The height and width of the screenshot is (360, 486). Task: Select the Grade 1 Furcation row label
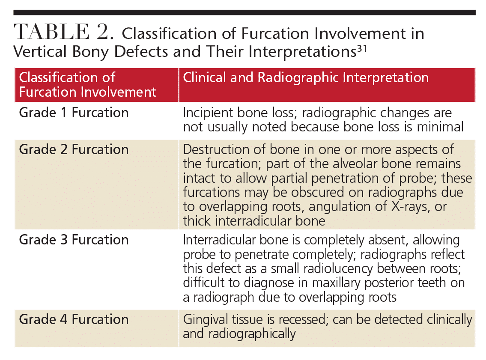click(x=74, y=113)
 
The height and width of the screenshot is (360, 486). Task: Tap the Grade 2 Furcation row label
click(x=74, y=149)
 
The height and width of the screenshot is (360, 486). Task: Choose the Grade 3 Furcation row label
click(x=74, y=240)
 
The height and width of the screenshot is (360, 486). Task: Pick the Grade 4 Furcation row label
click(x=74, y=319)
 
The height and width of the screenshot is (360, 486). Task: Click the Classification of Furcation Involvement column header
click(x=88, y=85)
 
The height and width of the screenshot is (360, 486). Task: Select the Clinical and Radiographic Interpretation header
click(x=306, y=77)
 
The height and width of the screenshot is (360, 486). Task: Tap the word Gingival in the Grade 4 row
click(x=205, y=319)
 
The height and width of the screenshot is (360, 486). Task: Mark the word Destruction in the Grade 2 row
click(x=216, y=150)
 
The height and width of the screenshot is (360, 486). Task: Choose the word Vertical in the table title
click(x=40, y=51)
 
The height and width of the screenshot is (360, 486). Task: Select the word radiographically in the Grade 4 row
click(x=252, y=334)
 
